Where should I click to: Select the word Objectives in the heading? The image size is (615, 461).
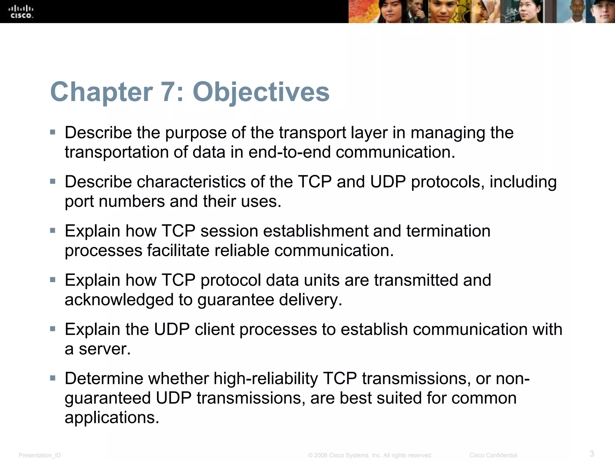pyautogui.click(x=261, y=92)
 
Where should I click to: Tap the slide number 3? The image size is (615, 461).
pyautogui.click(x=592, y=453)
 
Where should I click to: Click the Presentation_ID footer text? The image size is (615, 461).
pyautogui.click(x=40, y=455)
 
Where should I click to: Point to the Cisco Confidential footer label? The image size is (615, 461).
pyautogui.click(x=493, y=455)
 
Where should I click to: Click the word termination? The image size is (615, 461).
pyautogui.click(x=448, y=231)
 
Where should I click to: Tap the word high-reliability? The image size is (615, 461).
pyautogui.click(x=265, y=378)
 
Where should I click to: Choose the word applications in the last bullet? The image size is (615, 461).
pyautogui.click(x=111, y=417)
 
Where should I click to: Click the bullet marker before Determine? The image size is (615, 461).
pyautogui.click(x=53, y=378)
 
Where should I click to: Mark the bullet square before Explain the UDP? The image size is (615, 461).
pyautogui.click(x=53, y=329)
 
